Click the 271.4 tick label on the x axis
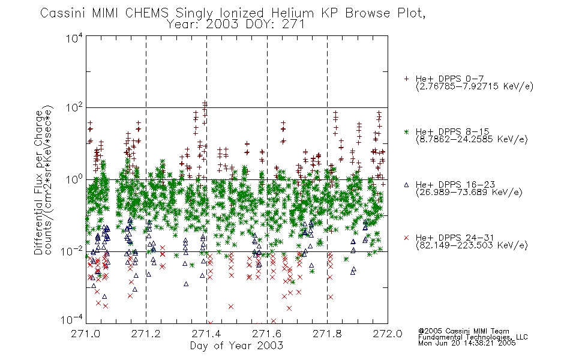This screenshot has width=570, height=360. pos(206,334)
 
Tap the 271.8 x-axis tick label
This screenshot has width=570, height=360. pos(327,334)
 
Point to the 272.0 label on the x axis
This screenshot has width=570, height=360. pos(388,334)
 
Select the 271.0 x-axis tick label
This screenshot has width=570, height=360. pos(86,334)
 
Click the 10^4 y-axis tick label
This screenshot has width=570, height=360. pos(74,38)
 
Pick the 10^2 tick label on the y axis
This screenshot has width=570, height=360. pos(74,108)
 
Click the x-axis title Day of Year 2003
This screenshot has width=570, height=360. pos(236,346)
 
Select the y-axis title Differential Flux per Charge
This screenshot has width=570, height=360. pos(39,182)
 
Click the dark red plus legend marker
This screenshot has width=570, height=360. pos(406,79)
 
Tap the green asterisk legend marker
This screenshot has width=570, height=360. pos(406,132)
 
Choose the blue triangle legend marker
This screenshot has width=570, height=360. pos(406,185)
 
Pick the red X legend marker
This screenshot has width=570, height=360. pos(406,238)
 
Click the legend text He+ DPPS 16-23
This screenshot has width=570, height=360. pos(455,185)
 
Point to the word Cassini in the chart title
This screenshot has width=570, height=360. pos(63,13)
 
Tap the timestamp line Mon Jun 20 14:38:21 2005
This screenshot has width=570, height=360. pos(467,343)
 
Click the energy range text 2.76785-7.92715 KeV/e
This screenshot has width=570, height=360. pos(475,86)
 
